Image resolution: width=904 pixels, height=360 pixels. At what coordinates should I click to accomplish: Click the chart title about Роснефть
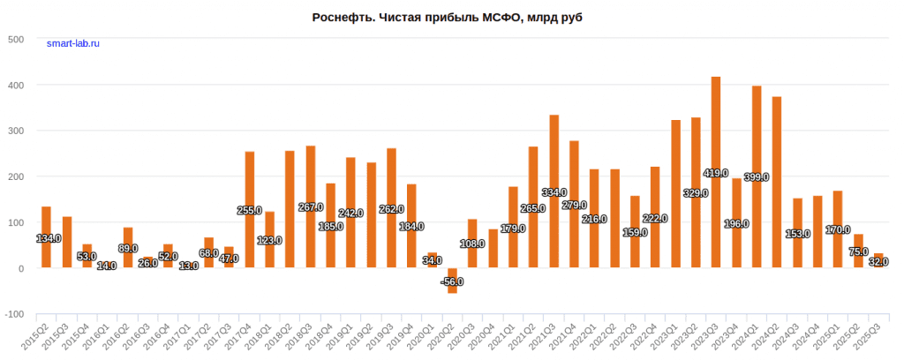tap(451, 18)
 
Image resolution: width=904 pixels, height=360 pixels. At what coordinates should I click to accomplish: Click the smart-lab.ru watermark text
tap(73, 44)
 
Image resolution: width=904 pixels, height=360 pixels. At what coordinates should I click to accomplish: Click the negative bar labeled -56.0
tap(452, 280)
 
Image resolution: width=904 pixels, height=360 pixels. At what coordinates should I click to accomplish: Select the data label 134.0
tap(47, 238)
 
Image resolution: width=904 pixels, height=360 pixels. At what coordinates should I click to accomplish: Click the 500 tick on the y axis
tap(16, 40)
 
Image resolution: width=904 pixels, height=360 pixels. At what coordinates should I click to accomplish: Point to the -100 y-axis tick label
tap(14, 314)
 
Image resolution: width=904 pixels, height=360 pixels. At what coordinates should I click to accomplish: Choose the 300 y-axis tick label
tap(16, 131)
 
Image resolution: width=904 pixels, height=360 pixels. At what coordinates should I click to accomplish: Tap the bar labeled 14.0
tap(107, 266)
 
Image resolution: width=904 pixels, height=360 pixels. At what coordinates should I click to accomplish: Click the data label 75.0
tap(858, 251)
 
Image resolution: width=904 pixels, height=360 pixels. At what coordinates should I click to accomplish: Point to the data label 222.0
tap(655, 218)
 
